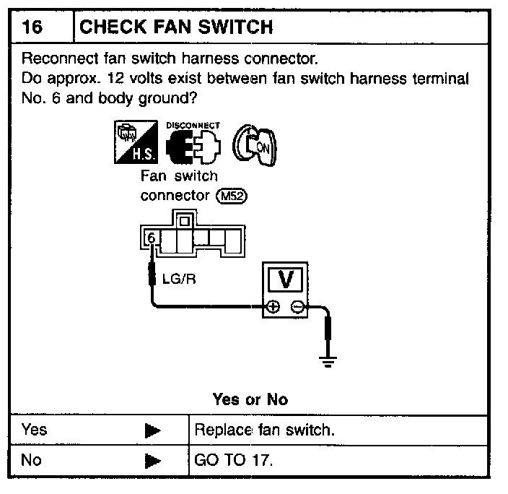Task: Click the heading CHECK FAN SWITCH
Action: pyautogui.click(x=175, y=27)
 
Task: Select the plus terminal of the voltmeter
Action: pyautogui.click(x=273, y=307)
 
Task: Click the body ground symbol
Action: pyautogui.click(x=329, y=361)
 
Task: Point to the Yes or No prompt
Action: pyautogui.click(x=250, y=399)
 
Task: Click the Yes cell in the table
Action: pyautogui.click(x=35, y=430)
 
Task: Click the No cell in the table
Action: pyautogui.click(x=32, y=459)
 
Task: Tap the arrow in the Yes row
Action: pyautogui.click(x=152, y=430)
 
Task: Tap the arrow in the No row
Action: pyautogui.click(x=152, y=460)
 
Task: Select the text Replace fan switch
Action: pyautogui.click(x=266, y=430)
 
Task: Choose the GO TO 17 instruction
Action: pyautogui.click(x=234, y=460)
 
